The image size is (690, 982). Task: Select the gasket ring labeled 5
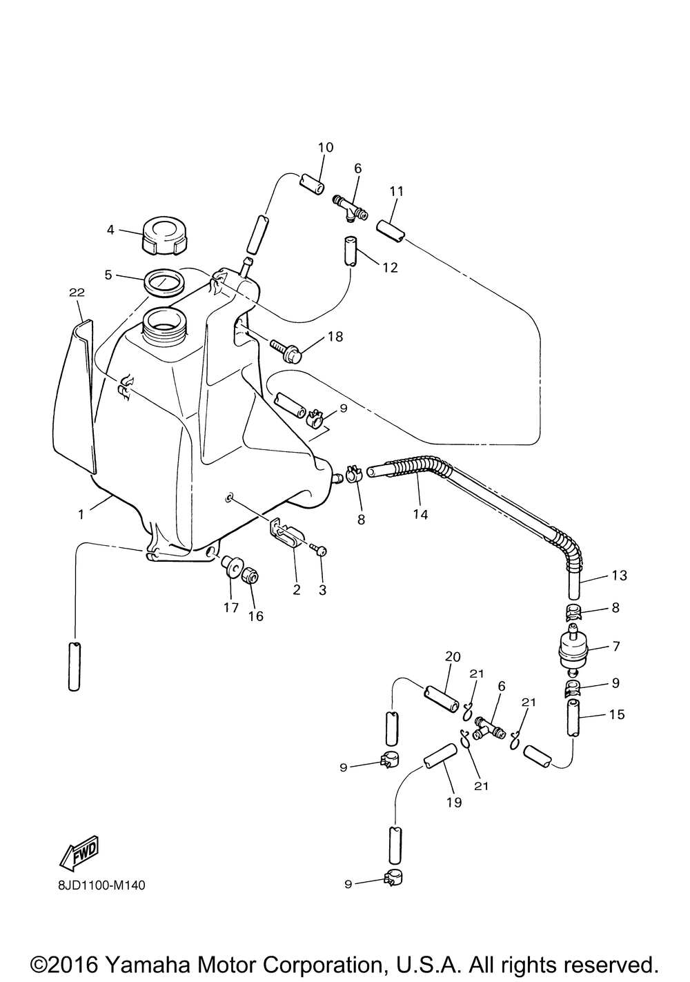coord(164,283)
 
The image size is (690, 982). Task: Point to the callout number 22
coord(77,292)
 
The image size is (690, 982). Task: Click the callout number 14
coord(420,514)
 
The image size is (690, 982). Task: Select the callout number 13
coord(619,575)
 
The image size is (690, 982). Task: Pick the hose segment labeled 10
coord(312,184)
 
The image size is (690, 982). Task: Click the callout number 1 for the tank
coord(81,514)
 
